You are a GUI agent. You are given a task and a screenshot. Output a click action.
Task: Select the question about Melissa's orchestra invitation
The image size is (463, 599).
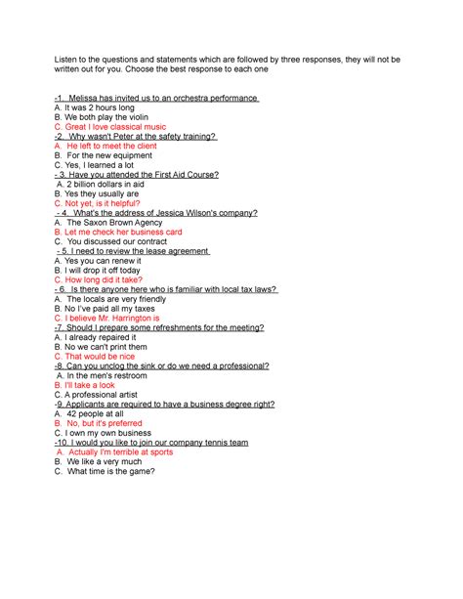click(156, 99)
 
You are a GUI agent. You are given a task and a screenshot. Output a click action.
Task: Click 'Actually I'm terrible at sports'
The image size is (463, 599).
click(116, 451)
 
